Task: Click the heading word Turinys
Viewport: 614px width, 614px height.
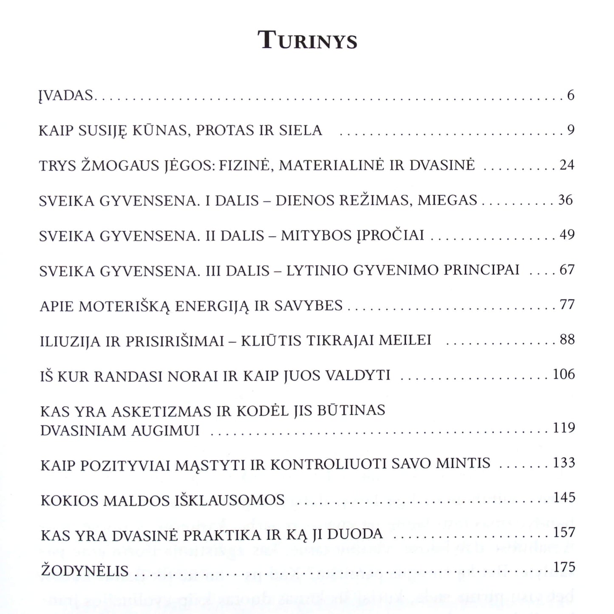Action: (x=308, y=41)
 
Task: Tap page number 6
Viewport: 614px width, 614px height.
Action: (x=570, y=95)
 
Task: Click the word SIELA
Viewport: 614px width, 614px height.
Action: (x=300, y=130)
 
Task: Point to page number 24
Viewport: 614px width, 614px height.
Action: (x=567, y=165)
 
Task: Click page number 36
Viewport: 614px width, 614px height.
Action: (x=566, y=200)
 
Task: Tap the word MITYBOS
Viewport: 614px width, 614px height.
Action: (x=316, y=235)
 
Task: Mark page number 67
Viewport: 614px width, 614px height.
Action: (x=567, y=269)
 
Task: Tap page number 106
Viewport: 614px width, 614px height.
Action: (x=564, y=374)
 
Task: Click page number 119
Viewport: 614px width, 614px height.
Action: (x=564, y=427)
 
